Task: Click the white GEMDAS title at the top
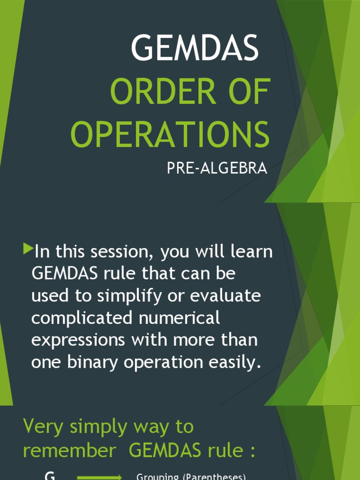tap(195, 48)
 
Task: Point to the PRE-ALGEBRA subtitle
tap(217, 169)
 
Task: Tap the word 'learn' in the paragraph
tap(251, 252)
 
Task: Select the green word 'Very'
tap(43, 427)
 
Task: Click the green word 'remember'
tap(69, 450)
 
